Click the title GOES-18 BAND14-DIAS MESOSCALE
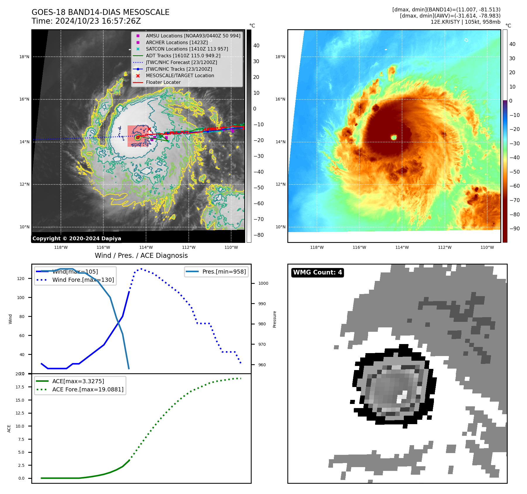100,12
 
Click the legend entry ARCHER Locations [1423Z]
176,42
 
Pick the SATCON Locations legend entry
187,49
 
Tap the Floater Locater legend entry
163,82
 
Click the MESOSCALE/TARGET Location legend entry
180,75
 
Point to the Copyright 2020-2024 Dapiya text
77,238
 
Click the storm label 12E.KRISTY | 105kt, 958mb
465,22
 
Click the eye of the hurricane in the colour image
394,137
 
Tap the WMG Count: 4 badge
317,272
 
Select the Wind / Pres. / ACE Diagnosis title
141,255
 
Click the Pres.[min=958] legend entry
224,272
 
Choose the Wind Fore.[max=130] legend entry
83,280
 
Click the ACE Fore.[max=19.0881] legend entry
87,389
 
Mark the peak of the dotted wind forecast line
141,269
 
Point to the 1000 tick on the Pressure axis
263,283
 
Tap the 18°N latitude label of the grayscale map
24,57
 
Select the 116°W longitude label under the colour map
359,247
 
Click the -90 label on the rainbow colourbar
514,228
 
